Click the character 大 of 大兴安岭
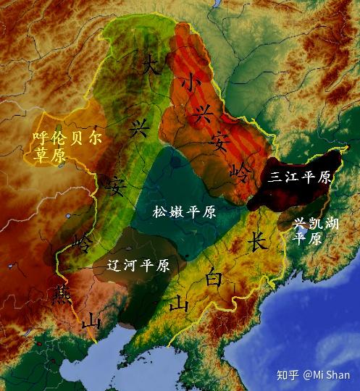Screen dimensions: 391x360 coord(152,64)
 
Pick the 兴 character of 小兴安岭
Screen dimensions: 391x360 coord(204,112)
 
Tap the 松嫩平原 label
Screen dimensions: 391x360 coord(184,212)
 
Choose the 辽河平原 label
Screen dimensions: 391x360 coord(138,266)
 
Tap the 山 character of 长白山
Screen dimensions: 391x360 coord(177,306)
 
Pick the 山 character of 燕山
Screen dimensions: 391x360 coord(91,321)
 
